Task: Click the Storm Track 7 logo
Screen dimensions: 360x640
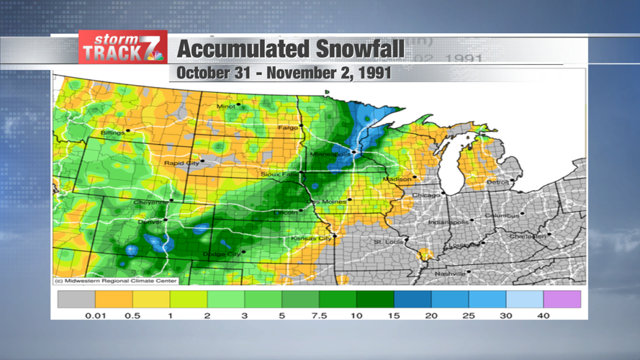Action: (123, 48)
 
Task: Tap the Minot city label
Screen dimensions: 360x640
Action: (226, 107)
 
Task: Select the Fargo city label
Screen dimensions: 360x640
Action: (288, 128)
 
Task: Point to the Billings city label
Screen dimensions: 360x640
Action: (112, 133)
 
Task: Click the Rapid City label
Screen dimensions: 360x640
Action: (182, 163)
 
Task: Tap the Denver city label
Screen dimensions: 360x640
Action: (150, 222)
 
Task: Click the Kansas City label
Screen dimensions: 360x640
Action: (310, 238)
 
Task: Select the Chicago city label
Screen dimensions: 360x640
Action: (425, 195)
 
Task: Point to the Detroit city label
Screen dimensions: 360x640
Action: (497, 182)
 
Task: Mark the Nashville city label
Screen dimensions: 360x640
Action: (450, 274)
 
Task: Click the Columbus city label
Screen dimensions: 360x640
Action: (501, 215)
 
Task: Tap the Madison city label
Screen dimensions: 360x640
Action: (397, 179)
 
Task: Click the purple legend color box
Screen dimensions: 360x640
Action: (562, 299)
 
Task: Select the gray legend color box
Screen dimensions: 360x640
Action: (76, 299)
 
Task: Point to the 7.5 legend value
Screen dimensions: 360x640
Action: (318, 315)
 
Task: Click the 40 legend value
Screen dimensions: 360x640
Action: (543, 315)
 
